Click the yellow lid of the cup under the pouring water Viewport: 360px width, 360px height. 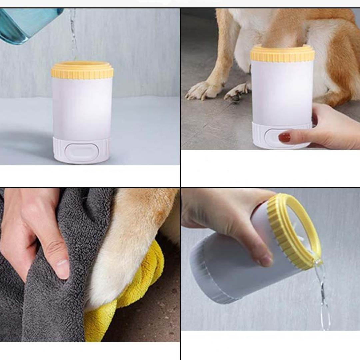click(x=82, y=70)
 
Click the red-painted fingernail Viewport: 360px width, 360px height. click(x=284, y=137)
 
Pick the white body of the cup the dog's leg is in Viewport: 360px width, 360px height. click(x=282, y=93)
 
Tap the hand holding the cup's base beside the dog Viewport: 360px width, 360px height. click(x=330, y=128)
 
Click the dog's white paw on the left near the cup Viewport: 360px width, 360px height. click(x=203, y=90)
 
